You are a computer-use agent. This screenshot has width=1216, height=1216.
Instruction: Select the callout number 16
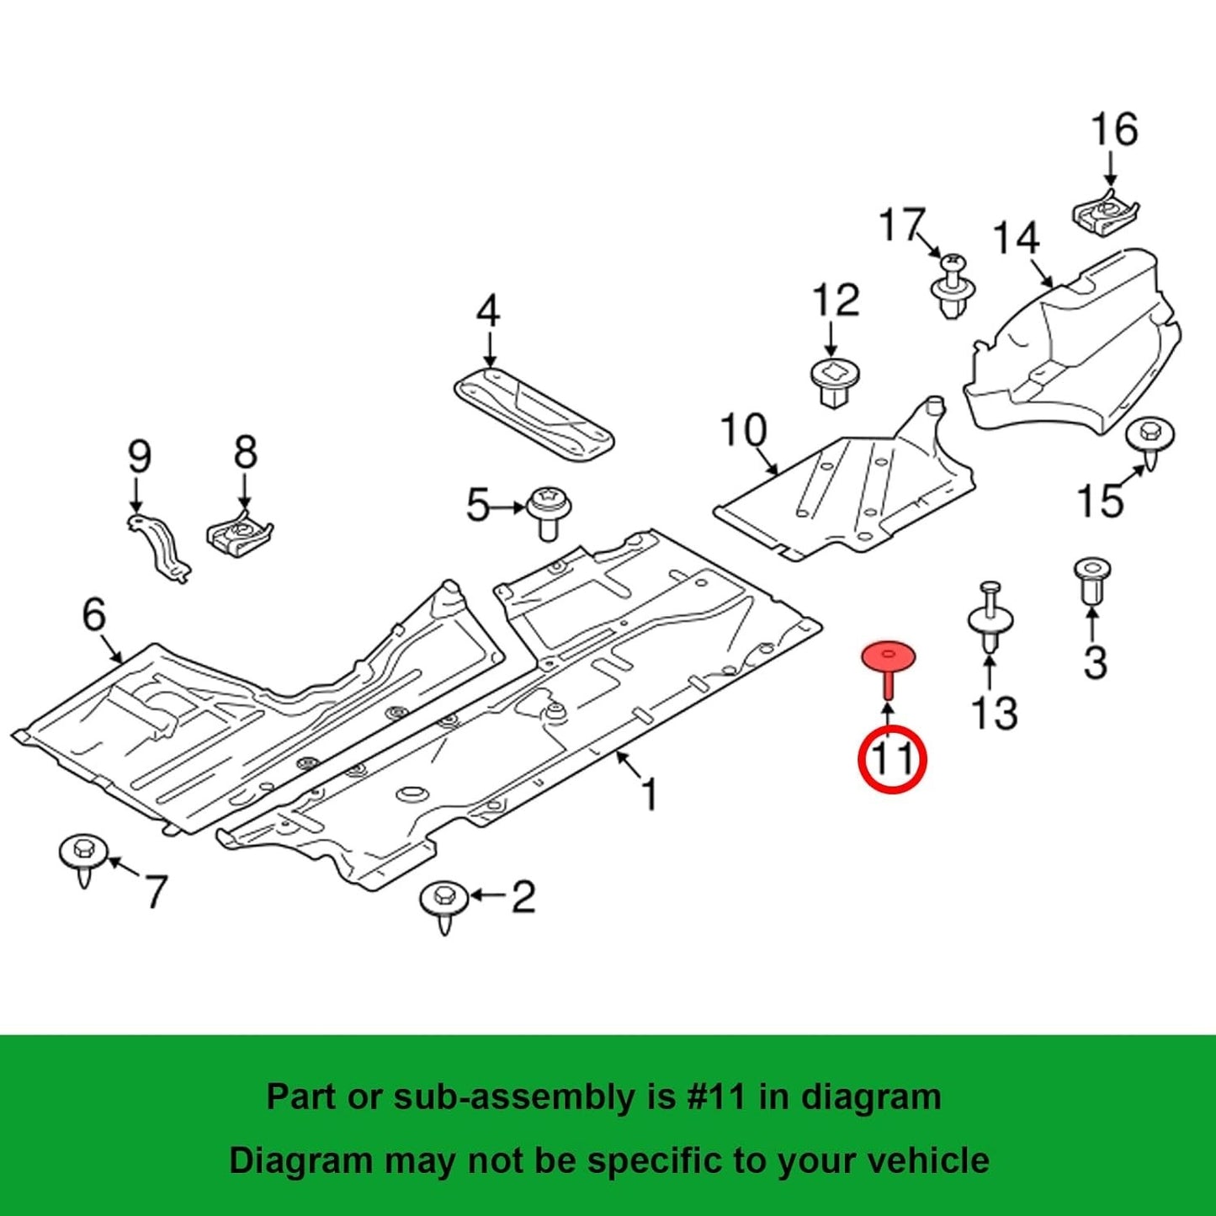tap(1114, 130)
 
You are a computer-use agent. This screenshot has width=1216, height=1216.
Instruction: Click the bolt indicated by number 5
tap(549, 512)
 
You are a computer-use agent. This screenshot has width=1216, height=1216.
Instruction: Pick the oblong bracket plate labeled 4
tap(534, 412)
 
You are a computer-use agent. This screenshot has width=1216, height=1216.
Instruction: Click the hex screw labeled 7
tap(84, 858)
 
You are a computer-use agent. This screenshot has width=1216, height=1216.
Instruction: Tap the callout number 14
tap(1017, 239)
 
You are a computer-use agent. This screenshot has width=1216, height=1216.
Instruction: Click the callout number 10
tap(744, 430)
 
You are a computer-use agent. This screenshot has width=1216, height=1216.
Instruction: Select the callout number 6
tap(94, 614)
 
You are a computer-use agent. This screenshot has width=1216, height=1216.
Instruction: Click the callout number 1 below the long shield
tap(649, 794)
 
